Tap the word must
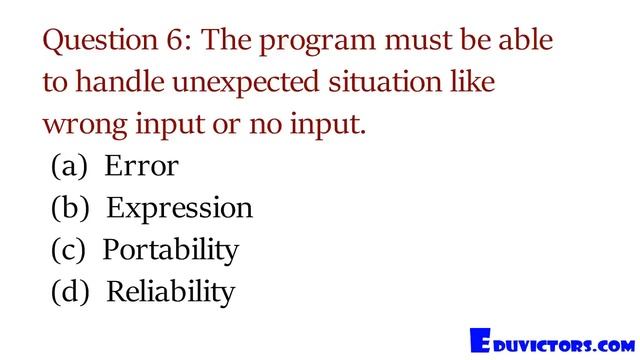436,42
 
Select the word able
527,41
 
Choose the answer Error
141,166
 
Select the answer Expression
179,209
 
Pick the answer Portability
171,250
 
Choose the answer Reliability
170,292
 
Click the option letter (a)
69,167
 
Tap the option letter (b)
70,209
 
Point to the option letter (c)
69,251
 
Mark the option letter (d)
70,293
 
